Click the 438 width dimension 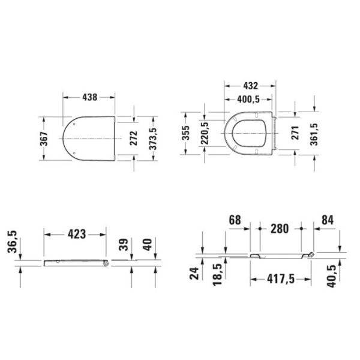(90, 97)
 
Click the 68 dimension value (235, 220)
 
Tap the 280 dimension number (280, 229)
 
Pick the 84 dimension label (328, 220)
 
